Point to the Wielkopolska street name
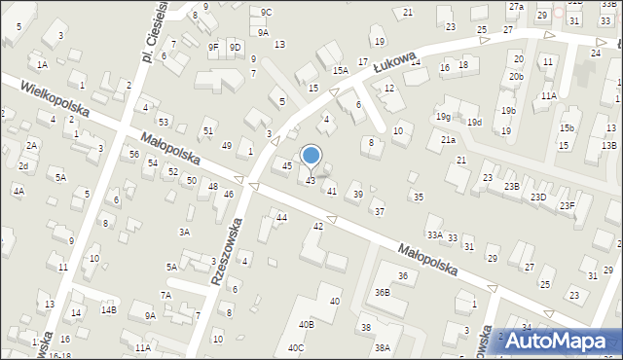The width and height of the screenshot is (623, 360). tap(55, 100)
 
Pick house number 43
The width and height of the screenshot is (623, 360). tap(311, 181)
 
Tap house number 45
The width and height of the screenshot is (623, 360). tap(286, 166)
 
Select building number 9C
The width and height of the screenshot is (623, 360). tap(267, 12)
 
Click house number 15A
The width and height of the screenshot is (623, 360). tap(340, 70)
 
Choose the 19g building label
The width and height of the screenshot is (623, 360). tap(444, 117)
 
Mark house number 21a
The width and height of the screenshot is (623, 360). tap(448, 140)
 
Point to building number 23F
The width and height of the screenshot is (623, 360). tap(567, 205)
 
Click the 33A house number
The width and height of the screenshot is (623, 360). tap(435, 234)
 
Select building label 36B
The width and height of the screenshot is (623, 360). tap(383, 292)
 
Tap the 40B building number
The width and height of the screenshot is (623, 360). tap(307, 324)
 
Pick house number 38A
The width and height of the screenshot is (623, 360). tap(383, 347)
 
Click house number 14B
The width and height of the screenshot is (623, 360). tap(108, 309)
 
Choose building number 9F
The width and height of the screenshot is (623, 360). tap(213, 47)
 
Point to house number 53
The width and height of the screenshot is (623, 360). tap(164, 122)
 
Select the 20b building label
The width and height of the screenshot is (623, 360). tap(516, 76)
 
